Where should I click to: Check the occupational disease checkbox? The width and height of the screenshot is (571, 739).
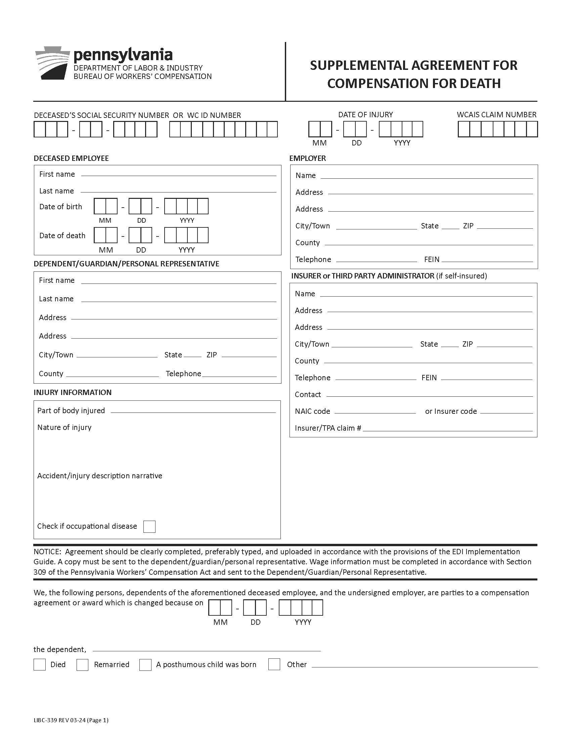149,526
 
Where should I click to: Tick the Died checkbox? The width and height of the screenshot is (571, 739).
40,664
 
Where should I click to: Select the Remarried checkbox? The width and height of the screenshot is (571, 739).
82,664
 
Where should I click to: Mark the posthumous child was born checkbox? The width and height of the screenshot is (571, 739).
145,664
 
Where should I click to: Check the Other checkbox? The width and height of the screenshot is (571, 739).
274,664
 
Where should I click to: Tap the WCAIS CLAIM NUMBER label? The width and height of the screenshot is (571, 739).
496,115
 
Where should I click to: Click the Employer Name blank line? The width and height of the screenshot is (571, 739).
426,176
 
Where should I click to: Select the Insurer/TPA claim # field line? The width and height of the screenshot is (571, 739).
447,429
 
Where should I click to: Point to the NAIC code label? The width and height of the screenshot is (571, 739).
312,411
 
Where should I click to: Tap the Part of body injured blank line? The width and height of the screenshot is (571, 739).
193,411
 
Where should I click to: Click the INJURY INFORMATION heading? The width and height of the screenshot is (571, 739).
73,392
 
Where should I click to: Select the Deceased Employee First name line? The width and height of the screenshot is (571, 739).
179,174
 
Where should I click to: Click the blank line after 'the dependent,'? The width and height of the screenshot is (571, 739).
206,650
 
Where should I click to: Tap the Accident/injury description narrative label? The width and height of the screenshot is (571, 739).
99,476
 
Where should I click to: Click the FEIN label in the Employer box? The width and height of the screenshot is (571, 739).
432,260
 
